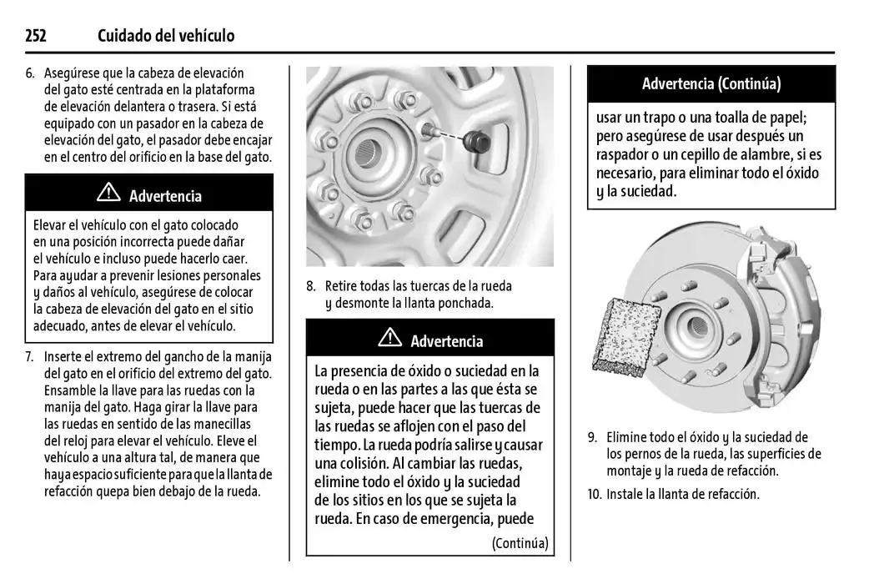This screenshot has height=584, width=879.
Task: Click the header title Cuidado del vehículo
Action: point(166,36)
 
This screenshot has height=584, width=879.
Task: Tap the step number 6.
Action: point(29,73)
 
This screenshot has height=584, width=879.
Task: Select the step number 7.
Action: point(29,357)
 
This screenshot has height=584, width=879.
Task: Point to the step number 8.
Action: point(310,286)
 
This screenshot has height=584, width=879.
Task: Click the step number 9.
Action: point(592,437)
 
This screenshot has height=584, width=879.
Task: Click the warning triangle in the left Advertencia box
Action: point(108,194)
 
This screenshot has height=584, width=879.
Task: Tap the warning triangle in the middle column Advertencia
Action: point(389,339)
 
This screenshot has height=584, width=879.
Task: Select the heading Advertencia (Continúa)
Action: point(711,84)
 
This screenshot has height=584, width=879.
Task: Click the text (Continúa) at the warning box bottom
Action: point(520,543)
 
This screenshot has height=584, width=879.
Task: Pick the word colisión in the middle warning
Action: point(364,464)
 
